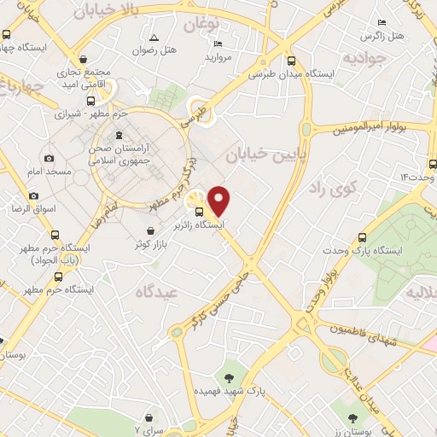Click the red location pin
(219, 201)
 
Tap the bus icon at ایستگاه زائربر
(199, 212)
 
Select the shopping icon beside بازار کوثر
(150, 230)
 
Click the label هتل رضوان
(154, 50)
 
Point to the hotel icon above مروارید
(218, 44)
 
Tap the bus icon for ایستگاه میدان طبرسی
(292, 61)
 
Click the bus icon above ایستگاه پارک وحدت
(364, 238)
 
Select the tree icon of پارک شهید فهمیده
(229, 376)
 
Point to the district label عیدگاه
(155, 292)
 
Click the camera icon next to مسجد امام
(49, 159)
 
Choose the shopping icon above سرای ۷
(150, 417)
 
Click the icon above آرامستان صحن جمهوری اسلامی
(119, 135)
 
